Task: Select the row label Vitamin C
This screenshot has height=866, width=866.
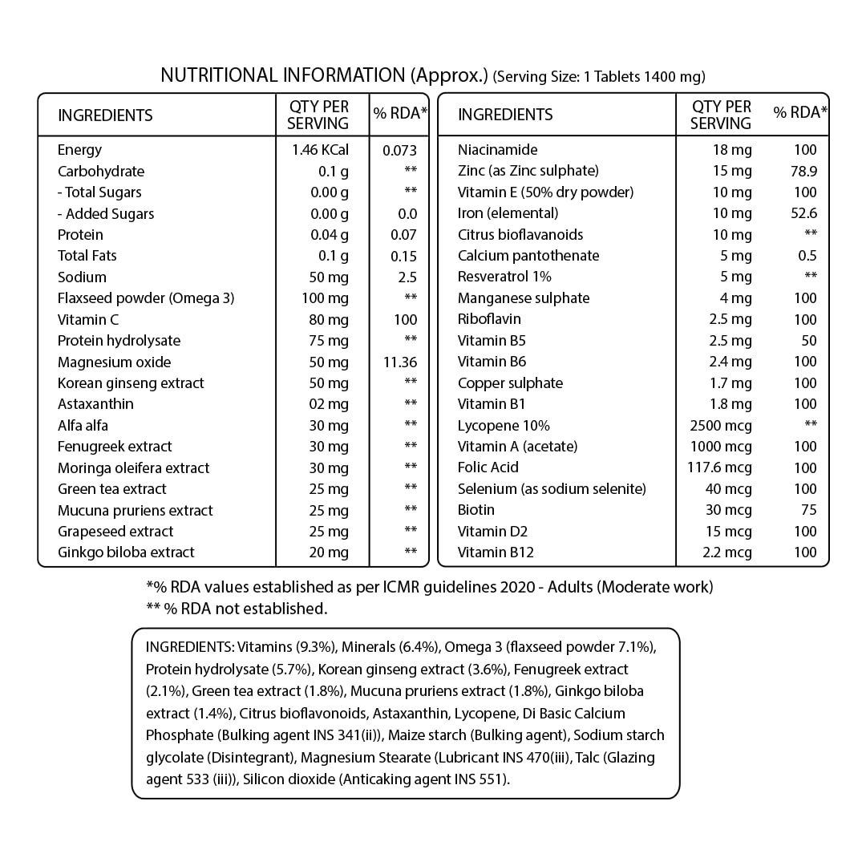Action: click(88, 319)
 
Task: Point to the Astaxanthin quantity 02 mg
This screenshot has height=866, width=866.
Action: click(330, 404)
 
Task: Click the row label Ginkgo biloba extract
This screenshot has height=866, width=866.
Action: click(126, 552)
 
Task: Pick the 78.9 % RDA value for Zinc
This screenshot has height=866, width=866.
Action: click(803, 171)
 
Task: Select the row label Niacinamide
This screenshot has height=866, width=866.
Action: click(497, 150)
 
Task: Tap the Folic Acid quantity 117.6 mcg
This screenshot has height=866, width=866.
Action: click(721, 467)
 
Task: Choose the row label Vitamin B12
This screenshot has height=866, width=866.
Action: click(496, 552)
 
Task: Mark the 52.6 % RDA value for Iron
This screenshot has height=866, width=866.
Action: click(803, 213)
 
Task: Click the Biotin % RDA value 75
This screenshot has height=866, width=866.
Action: click(808, 510)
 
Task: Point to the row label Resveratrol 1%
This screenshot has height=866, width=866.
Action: click(504, 277)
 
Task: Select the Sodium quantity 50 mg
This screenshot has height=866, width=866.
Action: click(329, 277)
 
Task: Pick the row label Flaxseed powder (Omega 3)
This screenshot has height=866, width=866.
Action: click(146, 298)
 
